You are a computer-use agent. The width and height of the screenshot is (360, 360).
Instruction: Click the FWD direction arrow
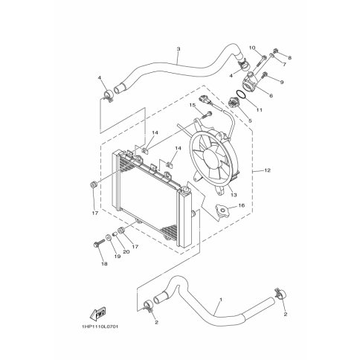point(98,313)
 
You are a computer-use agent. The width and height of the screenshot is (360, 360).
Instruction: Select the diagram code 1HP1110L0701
point(100,327)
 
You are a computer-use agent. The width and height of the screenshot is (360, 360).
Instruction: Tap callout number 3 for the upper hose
point(179,49)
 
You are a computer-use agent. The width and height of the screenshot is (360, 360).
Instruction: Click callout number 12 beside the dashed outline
point(267,170)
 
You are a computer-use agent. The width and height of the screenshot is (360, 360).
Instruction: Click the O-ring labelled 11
point(240,94)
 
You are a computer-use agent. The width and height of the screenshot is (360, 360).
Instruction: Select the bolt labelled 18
point(99,242)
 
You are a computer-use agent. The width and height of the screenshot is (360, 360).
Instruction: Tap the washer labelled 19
point(109,237)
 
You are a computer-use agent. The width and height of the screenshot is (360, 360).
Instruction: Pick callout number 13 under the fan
point(234,195)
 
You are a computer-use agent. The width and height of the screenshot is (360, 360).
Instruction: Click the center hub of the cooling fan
point(211,160)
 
